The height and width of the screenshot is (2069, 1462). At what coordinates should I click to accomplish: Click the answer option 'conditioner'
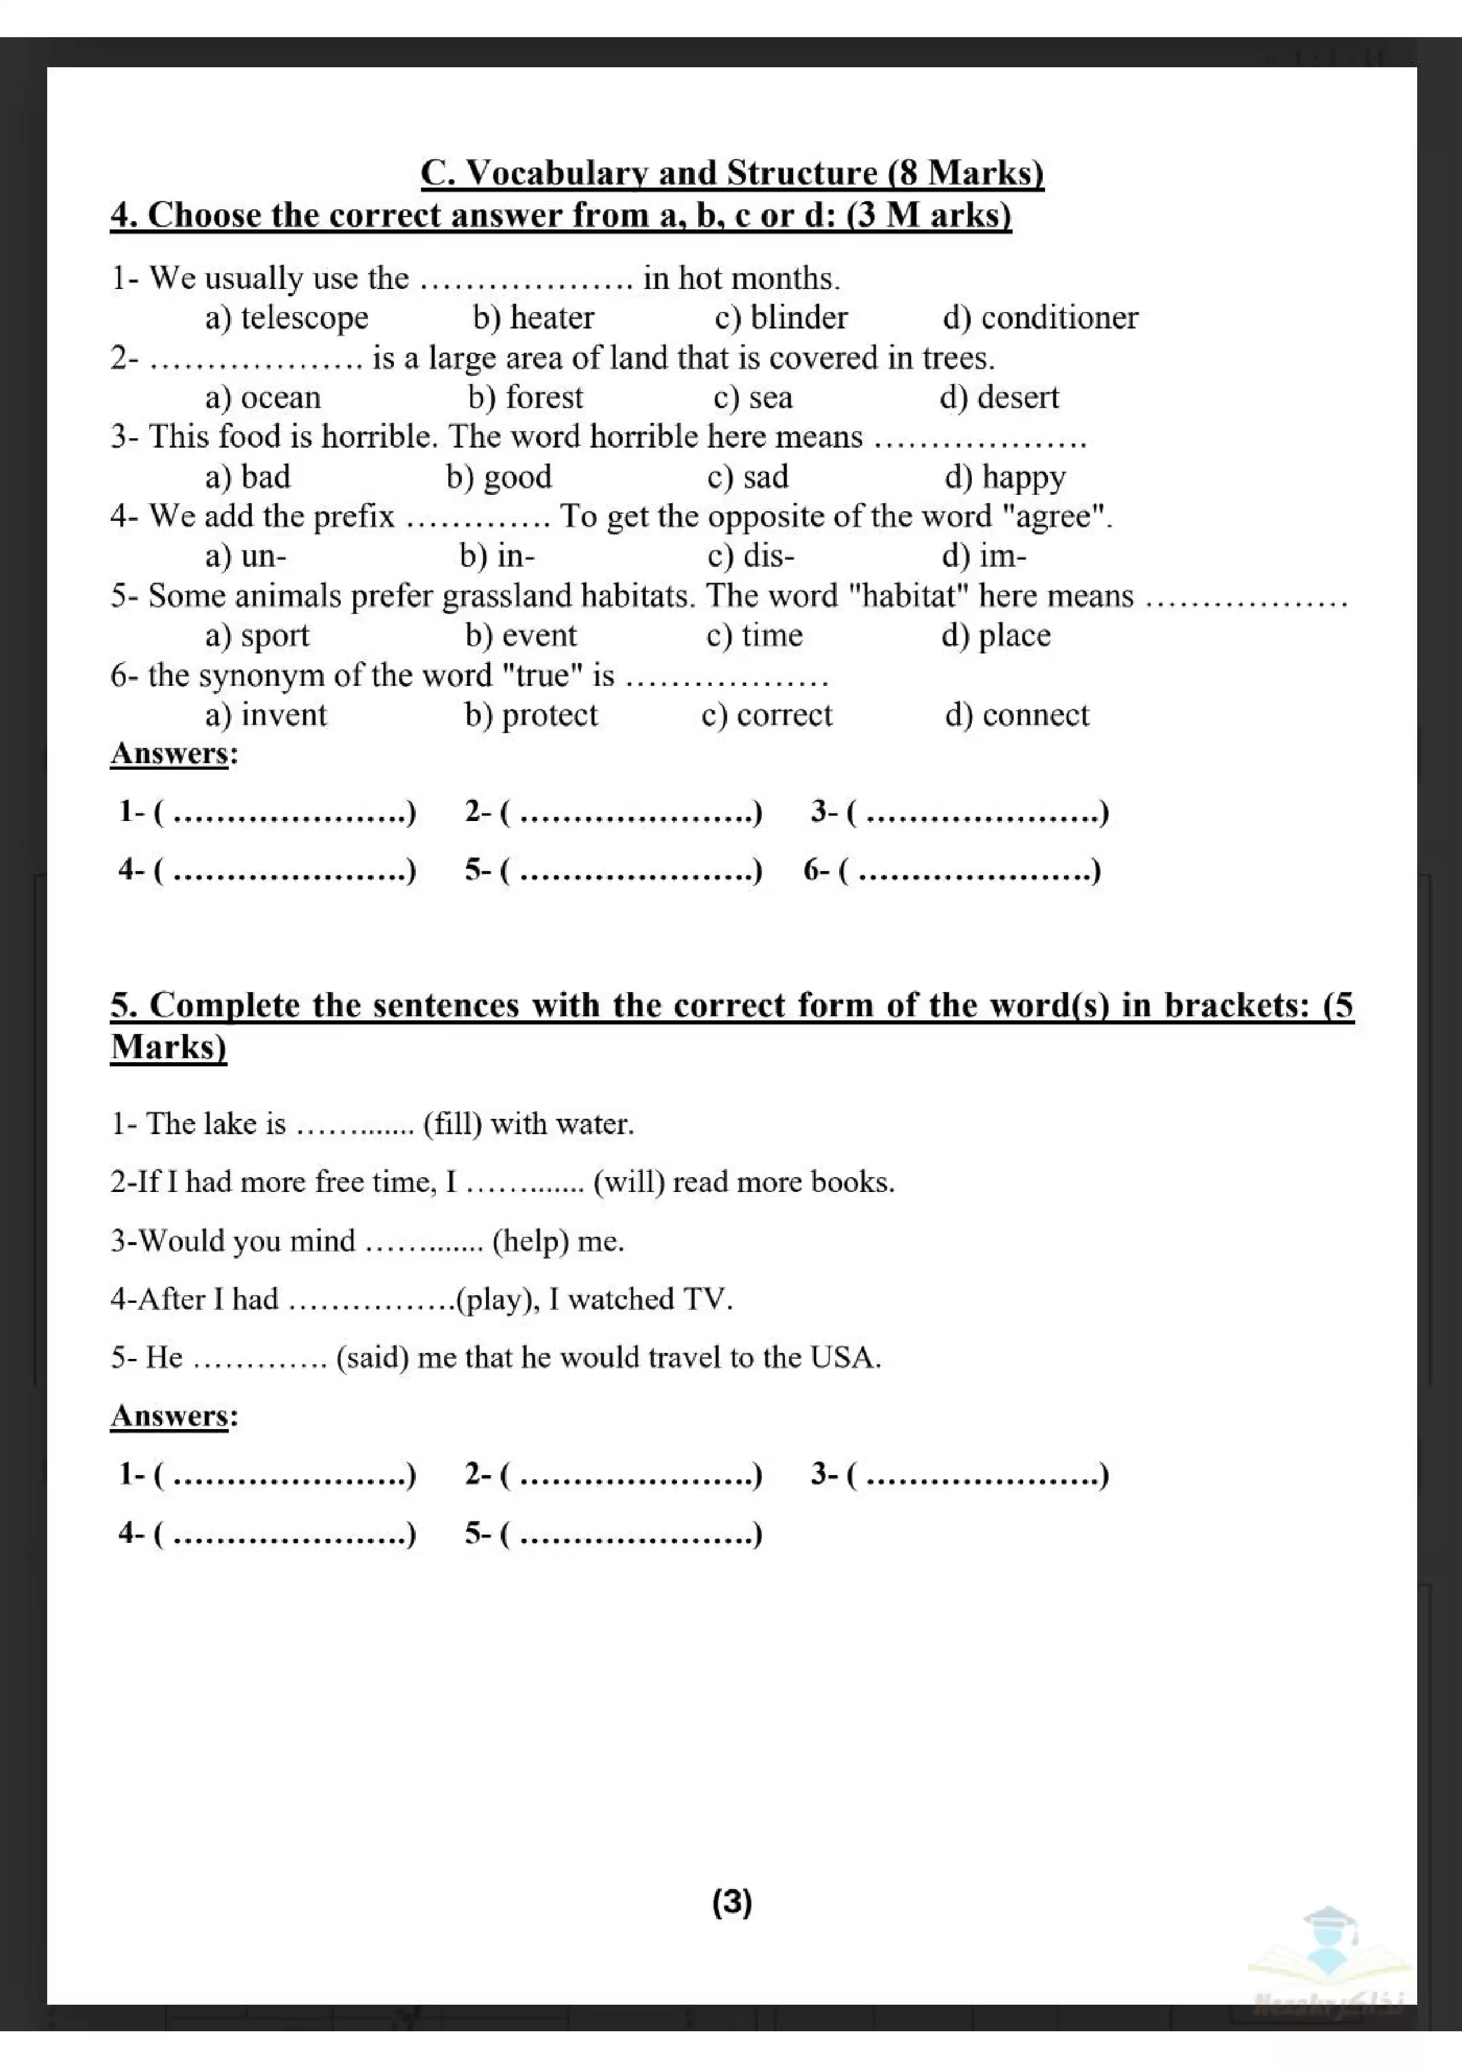1059,318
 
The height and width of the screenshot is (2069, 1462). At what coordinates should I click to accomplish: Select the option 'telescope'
304,318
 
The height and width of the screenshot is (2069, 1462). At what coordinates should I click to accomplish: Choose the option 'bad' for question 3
265,477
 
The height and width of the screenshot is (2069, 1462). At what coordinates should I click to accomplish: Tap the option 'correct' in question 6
784,715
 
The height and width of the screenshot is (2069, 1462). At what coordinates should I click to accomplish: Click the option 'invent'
283,715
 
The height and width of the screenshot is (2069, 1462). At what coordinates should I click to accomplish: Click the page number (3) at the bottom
731,1901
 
